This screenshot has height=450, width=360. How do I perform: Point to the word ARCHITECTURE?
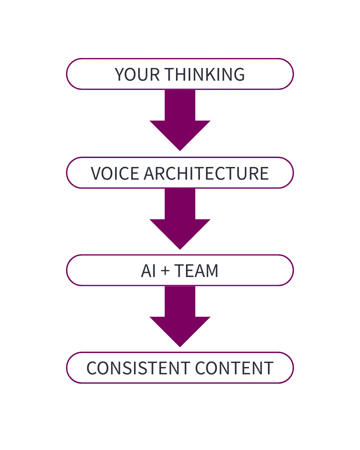pyautogui.click(x=206, y=173)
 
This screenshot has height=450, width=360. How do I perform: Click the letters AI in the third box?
pyautogui.click(x=148, y=271)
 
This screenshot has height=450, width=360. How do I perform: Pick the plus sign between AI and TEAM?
pyautogui.click(x=165, y=271)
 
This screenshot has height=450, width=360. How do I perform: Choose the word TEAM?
pyautogui.click(x=196, y=271)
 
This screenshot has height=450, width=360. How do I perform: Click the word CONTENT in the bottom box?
pyautogui.click(x=234, y=368)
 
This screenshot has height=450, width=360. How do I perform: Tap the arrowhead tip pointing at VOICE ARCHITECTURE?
pyautogui.click(x=180, y=150)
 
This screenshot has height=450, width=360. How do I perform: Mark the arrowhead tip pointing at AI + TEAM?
pyautogui.click(x=180, y=248)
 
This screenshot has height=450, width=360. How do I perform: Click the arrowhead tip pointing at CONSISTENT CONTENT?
pyautogui.click(x=180, y=346)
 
